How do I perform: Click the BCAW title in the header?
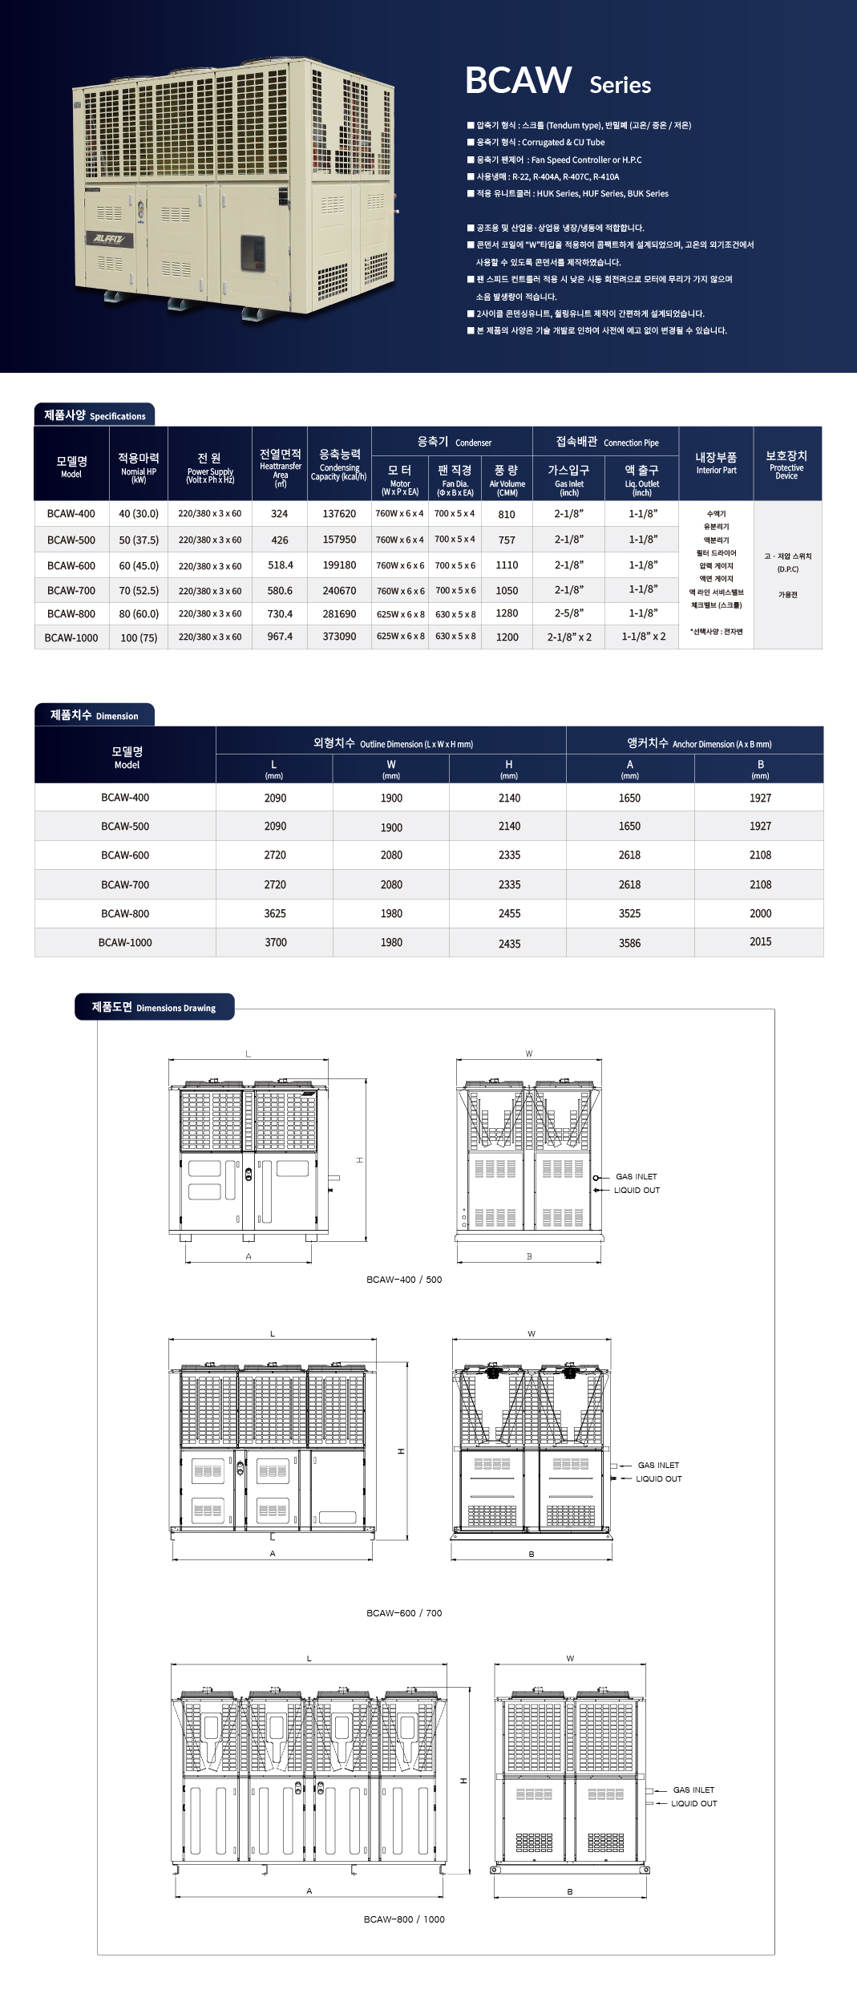[518, 80]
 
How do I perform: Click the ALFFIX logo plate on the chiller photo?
[109, 238]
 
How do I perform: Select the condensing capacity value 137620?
[339, 514]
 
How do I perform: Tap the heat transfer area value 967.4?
[280, 637]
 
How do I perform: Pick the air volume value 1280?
[507, 613]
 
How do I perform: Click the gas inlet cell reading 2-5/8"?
[569, 613]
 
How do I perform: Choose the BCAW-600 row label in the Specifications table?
[71, 565]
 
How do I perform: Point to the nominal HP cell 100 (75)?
[139, 638]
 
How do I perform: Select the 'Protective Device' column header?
[786, 464]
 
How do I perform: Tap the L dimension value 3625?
[275, 913]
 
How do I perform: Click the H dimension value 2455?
[509, 913]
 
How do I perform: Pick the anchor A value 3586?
[629, 944]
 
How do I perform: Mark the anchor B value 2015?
[760, 942]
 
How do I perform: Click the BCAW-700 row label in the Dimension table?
[125, 884]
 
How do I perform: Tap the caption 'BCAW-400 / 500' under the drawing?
[404, 1280]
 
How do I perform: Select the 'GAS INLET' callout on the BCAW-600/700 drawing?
[658, 1466]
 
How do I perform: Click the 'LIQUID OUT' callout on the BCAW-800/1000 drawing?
[693, 1804]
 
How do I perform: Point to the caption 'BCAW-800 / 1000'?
[404, 1919]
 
